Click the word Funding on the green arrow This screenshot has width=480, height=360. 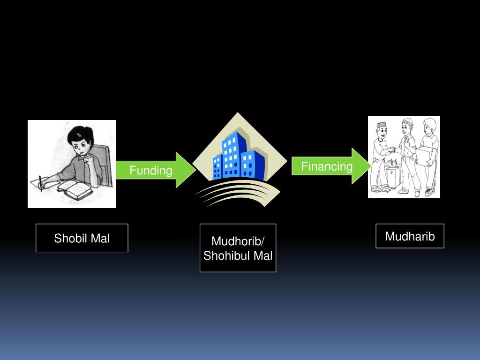[151, 170]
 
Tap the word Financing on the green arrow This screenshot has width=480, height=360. [326, 166]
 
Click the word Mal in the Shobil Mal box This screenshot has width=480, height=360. [100, 238]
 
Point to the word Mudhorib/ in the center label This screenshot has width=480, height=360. [238, 241]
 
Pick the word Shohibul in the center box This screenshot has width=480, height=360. [226, 256]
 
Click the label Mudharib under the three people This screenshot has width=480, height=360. [410, 236]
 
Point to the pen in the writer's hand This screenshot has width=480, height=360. [41, 183]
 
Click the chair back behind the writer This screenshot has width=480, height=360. [107, 162]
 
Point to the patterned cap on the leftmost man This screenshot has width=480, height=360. [382, 125]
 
